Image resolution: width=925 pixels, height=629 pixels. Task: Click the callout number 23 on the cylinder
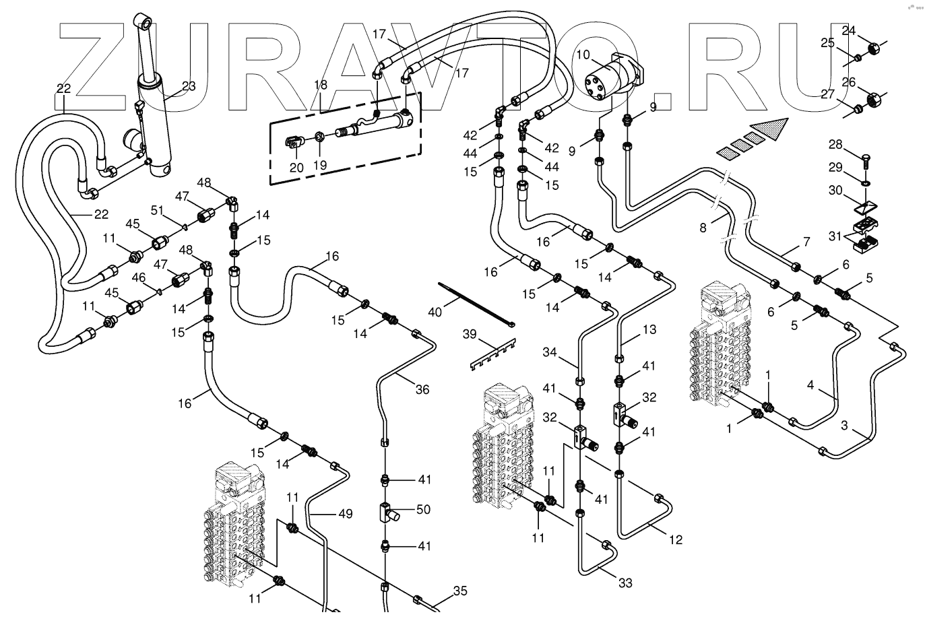pyautogui.click(x=189, y=86)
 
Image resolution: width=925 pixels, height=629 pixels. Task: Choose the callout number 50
pyautogui.click(x=423, y=510)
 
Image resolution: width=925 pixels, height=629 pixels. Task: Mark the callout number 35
pyautogui.click(x=459, y=592)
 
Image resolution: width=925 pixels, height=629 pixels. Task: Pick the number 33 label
pyautogui.click(x=625, y=583)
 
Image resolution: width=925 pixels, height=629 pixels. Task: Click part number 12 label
pyautogui.click(x=676, y=539)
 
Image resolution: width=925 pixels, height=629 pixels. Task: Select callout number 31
pyautogui.click(x=835, y=236)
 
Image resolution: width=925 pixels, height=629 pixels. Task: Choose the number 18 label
pyautogui.click(x=321, y=86)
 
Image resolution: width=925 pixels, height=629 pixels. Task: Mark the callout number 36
pyautogui.click(x=422, y=389)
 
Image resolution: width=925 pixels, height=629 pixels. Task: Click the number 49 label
pyautogui.click(x=345, y=514)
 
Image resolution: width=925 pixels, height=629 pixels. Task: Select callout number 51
pyautogui.click(x=157, y=210)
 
